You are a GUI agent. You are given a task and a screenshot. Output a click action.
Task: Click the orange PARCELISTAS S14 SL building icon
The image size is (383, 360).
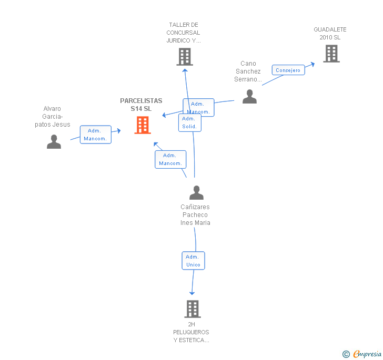143,125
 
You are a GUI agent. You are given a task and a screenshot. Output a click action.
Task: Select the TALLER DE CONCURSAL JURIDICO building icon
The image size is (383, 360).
185,57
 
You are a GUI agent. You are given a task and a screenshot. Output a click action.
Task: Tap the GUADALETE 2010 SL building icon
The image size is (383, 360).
331,54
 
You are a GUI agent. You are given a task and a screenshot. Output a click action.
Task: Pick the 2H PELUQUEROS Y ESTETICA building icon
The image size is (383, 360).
193,309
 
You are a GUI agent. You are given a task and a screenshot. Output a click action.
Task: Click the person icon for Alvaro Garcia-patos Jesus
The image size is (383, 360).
54,141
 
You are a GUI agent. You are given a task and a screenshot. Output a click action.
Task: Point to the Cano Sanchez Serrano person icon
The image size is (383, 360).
249,96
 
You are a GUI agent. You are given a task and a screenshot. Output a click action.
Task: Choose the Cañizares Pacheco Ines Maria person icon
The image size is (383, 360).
196,192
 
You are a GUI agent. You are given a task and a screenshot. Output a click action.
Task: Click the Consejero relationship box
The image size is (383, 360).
288,70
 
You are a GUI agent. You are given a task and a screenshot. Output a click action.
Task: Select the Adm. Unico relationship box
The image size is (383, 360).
193,261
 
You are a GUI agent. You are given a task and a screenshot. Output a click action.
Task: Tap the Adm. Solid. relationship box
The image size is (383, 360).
190,123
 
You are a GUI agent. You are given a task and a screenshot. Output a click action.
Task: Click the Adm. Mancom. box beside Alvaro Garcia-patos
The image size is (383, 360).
96,135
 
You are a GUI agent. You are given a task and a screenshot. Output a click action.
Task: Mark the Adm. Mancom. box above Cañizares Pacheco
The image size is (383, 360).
170,159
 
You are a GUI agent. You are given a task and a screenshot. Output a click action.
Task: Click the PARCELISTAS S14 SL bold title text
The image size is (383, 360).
141,105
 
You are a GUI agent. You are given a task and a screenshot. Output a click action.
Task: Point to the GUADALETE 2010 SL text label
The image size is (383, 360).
330,34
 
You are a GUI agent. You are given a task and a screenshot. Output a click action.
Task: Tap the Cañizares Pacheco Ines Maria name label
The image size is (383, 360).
195,215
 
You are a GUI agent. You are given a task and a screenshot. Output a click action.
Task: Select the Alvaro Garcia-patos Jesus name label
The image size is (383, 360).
52,117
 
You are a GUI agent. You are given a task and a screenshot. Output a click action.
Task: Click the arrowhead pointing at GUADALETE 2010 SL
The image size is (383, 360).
312,65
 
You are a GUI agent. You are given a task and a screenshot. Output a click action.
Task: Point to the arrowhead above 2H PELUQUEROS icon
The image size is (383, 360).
192,293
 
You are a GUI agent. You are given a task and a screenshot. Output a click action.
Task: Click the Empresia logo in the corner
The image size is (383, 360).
362,354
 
